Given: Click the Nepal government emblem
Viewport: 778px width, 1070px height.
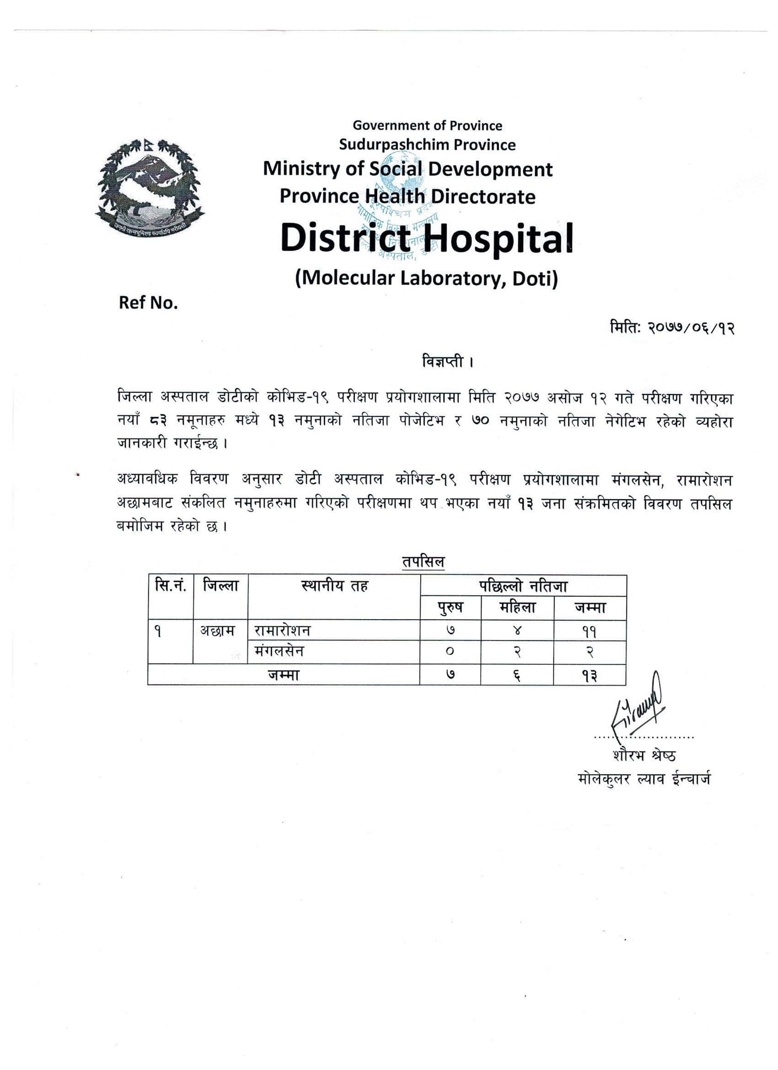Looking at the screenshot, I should [x=150, y=187].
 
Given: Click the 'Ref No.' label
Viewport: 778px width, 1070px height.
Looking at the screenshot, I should [x=148, y=303].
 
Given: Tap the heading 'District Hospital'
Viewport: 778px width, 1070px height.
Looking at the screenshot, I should [x=426, y=238].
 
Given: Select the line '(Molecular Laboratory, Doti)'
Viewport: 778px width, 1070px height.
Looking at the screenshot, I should [x=426, y=278].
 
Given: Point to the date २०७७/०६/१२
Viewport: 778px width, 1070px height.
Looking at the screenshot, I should [x=690, y=328].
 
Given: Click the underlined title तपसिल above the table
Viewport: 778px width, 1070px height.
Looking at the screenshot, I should [x=423, y=561].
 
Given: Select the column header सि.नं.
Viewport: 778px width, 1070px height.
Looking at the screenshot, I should [x=170, y=586].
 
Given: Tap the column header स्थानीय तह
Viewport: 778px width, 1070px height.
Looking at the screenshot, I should [x=334, y=586].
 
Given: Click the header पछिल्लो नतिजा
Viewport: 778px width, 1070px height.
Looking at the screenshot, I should [x=523, y=586].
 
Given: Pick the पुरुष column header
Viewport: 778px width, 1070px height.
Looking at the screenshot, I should [x=450, y=607].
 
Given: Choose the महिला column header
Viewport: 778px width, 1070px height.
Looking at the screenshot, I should [x=517, y=607].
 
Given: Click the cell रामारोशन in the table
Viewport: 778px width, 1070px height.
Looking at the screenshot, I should [x=283, y=630].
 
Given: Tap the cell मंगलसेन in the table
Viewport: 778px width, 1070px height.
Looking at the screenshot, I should [x=279, y=651].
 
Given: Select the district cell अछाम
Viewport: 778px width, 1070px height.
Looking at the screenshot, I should [x=217, y=630].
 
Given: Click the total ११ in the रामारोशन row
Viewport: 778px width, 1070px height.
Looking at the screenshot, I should [x=589, y=631].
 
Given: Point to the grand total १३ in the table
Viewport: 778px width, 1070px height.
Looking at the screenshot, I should [x=589, y=675].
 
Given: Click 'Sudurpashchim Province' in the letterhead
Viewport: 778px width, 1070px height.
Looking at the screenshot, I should [x=427, y=145].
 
